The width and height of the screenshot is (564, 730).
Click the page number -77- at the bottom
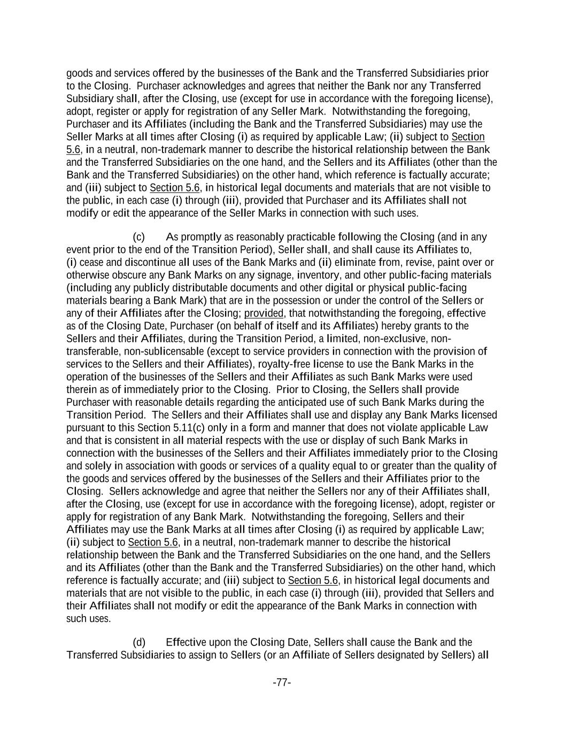pyautogui.click(x=282, y=682)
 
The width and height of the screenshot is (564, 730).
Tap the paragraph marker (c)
pyautogui.click(x=138, y=237)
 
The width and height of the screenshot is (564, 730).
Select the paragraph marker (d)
pyautogui.click(x=138, y=642)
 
